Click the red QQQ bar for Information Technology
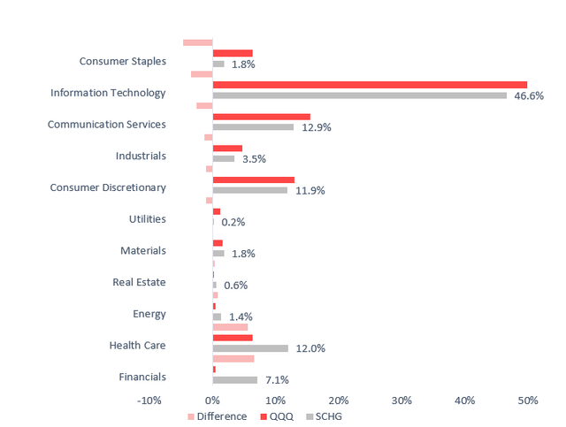pyautogui.click(x=370, y=85)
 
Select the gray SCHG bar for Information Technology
pyautogui.click(x=360, y=95)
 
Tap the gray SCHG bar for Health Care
pyautogui.click(x=250, y=348)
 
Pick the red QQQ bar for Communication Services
pyautogui.click(x=262, y=117)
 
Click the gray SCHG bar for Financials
pyautogui.click(x=235, y=380)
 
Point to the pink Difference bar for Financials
pyautogui.click(x=233, y=359)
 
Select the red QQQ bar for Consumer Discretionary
pyautogui.click(x=254, y=179)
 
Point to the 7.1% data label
pyautogui.click(x=275, y=380)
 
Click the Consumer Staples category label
pyautogui.click(x=122, y=61)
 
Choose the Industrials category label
pyautogui.click(x=141, y=156)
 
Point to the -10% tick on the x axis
pyautogui.click(x=149, y=400)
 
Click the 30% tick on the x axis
pyautogui.click(x=402, y=400)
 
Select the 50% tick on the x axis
pyautogui.click(x=528, y=400)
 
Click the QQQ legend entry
pyautogui.click(x=275, y=416)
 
